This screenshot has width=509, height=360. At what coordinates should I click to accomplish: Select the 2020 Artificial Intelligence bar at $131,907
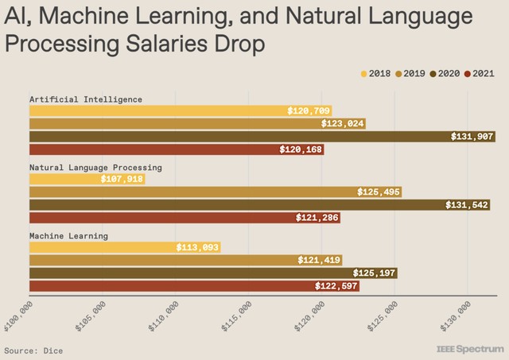(x=262, y=137)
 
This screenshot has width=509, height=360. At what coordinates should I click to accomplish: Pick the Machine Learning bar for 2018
(x=124, y=248)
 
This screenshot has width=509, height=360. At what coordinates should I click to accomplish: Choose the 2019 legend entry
(x=413, y=74)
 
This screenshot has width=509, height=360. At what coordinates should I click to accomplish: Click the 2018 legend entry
(x=380, y=74)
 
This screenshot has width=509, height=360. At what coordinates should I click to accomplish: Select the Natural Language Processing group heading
(x=95, y=168)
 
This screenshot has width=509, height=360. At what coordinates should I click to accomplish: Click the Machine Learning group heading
(x=68, y=236)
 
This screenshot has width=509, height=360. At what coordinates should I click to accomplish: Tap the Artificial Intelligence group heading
(x=86, y=99)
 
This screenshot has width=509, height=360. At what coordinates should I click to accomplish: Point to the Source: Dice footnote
(x=33, y=350)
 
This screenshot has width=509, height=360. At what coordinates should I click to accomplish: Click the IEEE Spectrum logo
(x=470, y=349)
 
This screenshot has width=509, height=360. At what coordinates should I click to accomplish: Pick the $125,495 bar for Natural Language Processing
(x=215, y=192)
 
